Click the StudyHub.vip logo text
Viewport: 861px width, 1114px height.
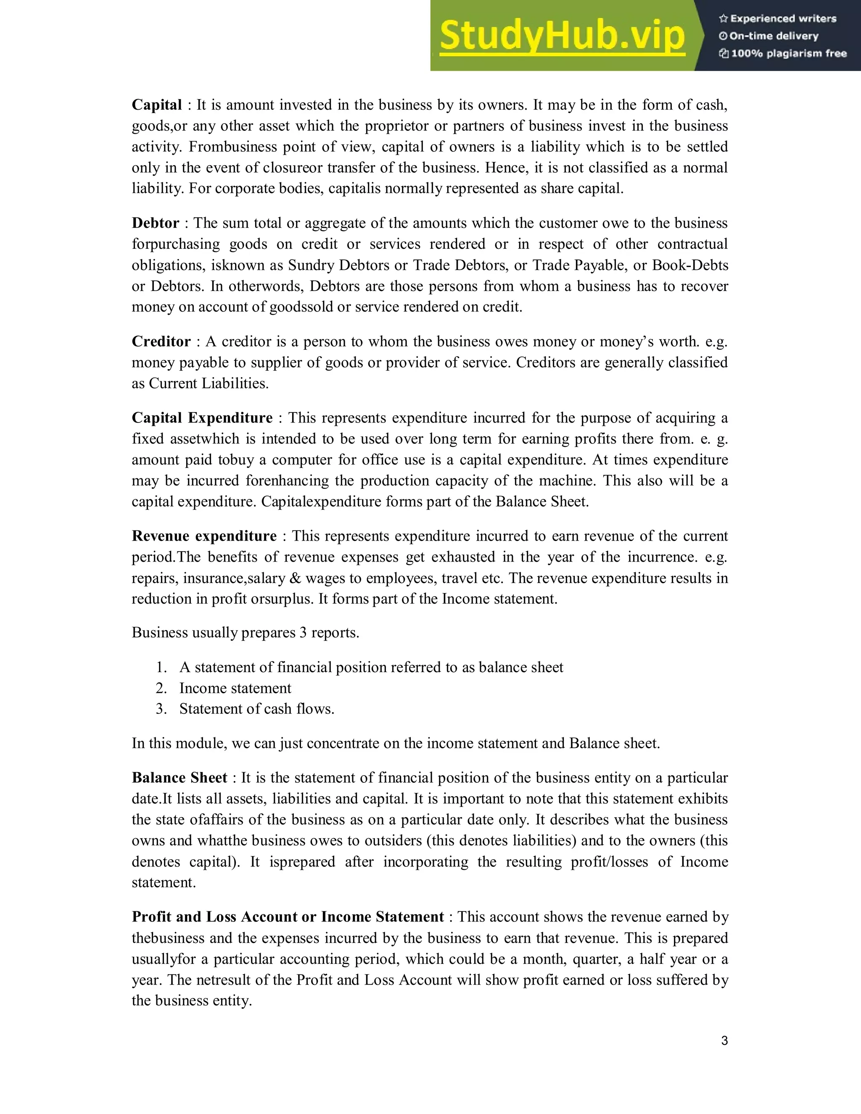coord(561,36)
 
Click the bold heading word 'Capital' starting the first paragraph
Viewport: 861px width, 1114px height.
coord(156,105)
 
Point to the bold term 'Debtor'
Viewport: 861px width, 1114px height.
coord(156,223)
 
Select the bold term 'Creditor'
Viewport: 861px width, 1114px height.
coord(161,342)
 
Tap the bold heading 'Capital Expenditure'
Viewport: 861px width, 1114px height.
coord(202,418)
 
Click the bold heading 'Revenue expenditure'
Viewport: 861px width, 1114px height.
coord(204,536)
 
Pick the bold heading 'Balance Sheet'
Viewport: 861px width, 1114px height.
coord(179,778)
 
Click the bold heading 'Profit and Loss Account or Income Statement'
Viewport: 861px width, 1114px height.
coord(288,917)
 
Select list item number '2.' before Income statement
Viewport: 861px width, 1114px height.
coord(161,689)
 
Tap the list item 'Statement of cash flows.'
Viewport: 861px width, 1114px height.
coord(256,709)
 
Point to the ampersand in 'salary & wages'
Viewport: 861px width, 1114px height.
coord(295,578)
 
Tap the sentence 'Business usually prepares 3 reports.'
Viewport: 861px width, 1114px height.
coord(246,633)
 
